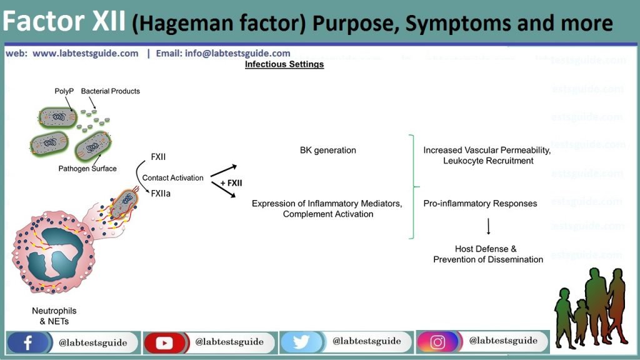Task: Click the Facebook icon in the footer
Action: pyautogui.click(x=28, y=342)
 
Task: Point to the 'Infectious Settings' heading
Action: pyautogui.click(x=284, y=64)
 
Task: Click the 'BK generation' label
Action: pyautogui.click(x=328, y=150)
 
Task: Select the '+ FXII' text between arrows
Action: pyautogui.click(x=230, y=183)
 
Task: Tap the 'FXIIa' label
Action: pyautogui.click(x=161, y=194)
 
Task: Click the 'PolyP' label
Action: pyautogui.click(x=63, y=91)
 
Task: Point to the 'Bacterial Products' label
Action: pyautogui.click(x=111, y=91)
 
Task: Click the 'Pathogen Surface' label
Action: pyautogui.click(x=87, y=169)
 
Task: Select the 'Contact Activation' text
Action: pyautogui.click(x=172, y=177)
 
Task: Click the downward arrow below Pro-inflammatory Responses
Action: pyautogui.click(x=487, y=226)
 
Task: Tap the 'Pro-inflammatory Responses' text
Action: pyautogui.click(x=480, y=204)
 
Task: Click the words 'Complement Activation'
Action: pyautogui.click(x=328, y=214)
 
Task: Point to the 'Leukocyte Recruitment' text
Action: pyautogui.click(x=488, y=161)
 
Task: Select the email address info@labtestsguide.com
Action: pyautogui.click(x=237, y=53)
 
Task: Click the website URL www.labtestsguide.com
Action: pyautogui.click(x=86, y=53)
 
